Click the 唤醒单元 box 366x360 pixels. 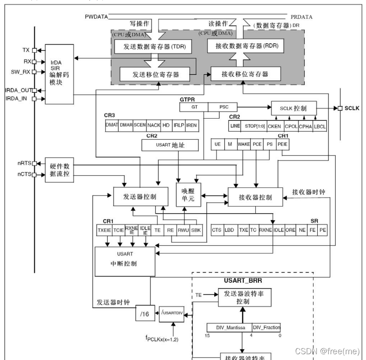coord(188,195)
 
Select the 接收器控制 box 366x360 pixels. coord(255,197)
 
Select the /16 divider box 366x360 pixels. coord(144,315)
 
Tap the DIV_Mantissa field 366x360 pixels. coord(229,327)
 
